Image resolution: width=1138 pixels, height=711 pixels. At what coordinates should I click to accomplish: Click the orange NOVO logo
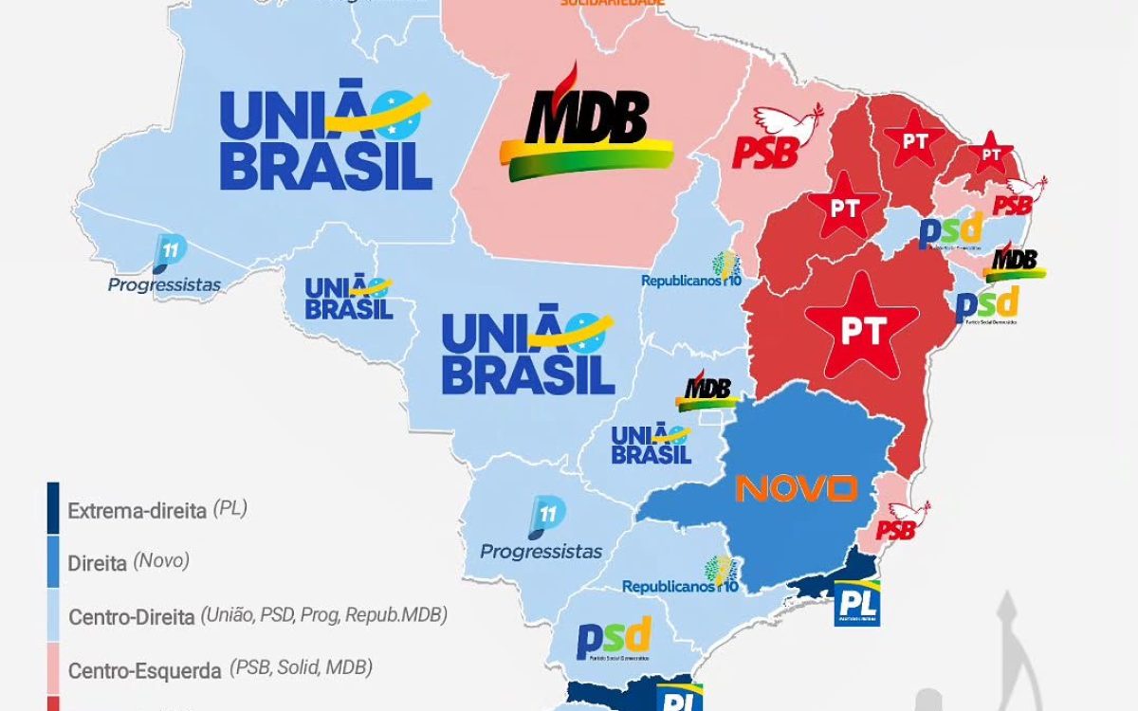[x=797, y=488]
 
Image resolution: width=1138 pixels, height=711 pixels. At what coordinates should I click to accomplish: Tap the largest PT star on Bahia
[x=861, y=328]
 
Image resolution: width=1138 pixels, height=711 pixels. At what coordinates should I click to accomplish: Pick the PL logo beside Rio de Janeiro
[x=856, y=603]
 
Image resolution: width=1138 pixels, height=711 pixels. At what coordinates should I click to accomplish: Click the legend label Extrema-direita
[x=137, y=511]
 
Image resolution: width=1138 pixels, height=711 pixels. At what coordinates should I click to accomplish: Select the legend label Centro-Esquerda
[x=144, y=670]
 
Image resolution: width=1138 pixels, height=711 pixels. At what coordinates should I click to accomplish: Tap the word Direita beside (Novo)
[x=98, y=563]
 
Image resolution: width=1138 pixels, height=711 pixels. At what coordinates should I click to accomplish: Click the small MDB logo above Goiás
[x=707, y=390]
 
